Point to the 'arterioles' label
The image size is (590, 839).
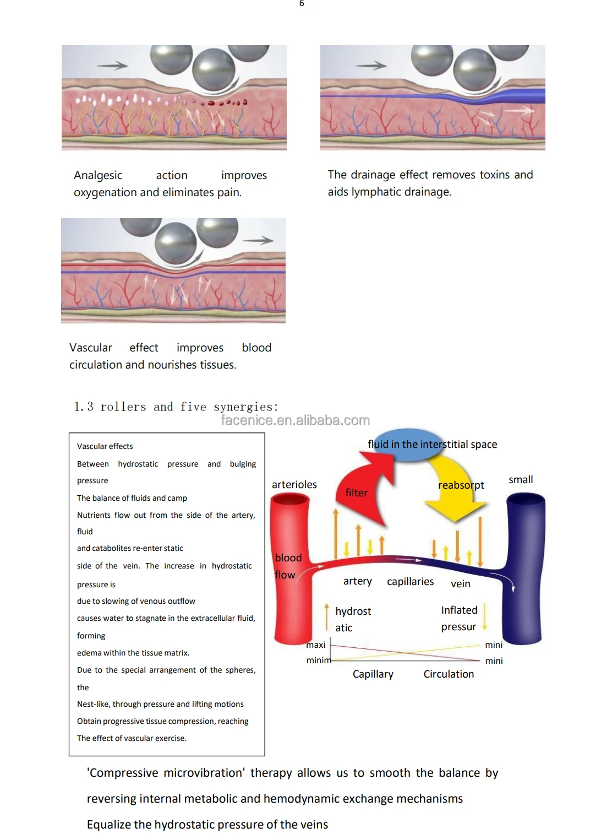point(294,485)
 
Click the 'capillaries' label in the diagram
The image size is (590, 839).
point(411,582)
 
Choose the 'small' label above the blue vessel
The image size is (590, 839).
point(521,480)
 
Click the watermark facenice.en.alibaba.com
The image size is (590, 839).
point(295,420)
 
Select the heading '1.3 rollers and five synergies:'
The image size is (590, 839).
point(176,407)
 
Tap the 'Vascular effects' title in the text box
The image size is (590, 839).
point(105,446)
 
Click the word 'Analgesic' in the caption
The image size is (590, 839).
point(98,175)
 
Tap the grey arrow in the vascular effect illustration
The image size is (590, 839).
point(258,240)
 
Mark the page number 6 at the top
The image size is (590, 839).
point(302,3)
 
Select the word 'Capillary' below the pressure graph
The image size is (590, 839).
point(373,674)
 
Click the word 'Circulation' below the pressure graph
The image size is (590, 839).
point(449,674)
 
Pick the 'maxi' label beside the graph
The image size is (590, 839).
point(316,645)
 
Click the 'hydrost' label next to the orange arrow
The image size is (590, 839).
point(353,611)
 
